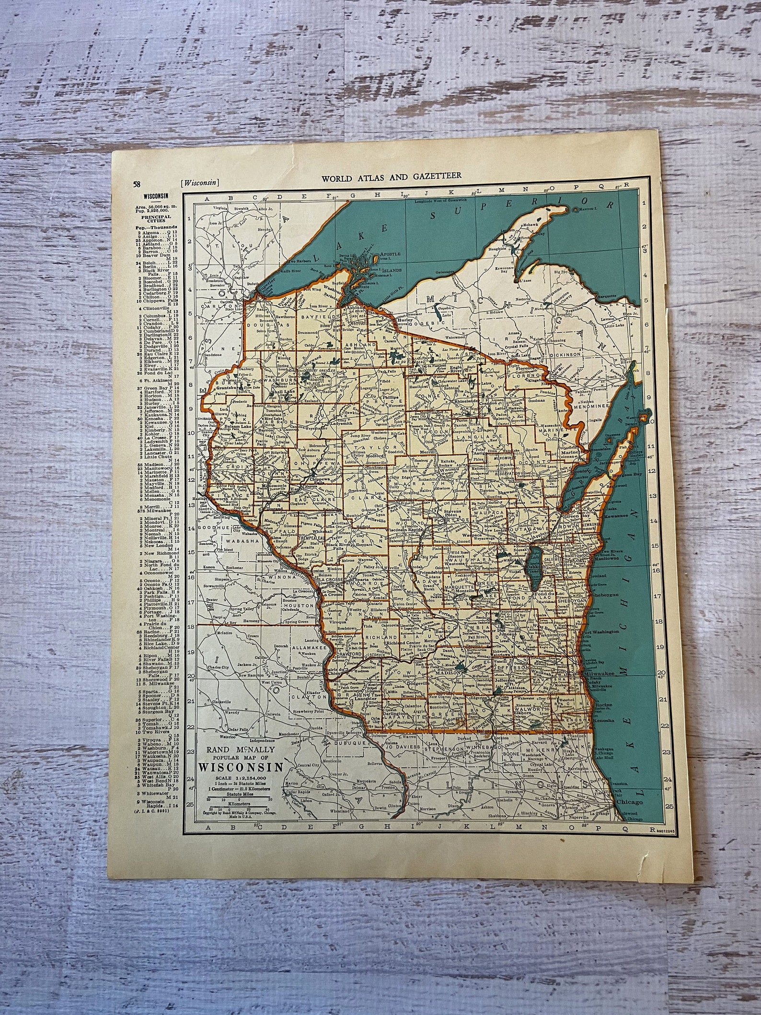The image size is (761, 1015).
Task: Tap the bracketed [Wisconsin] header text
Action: tap(200, 182)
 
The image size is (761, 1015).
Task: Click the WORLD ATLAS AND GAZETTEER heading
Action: tap(392, 176)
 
